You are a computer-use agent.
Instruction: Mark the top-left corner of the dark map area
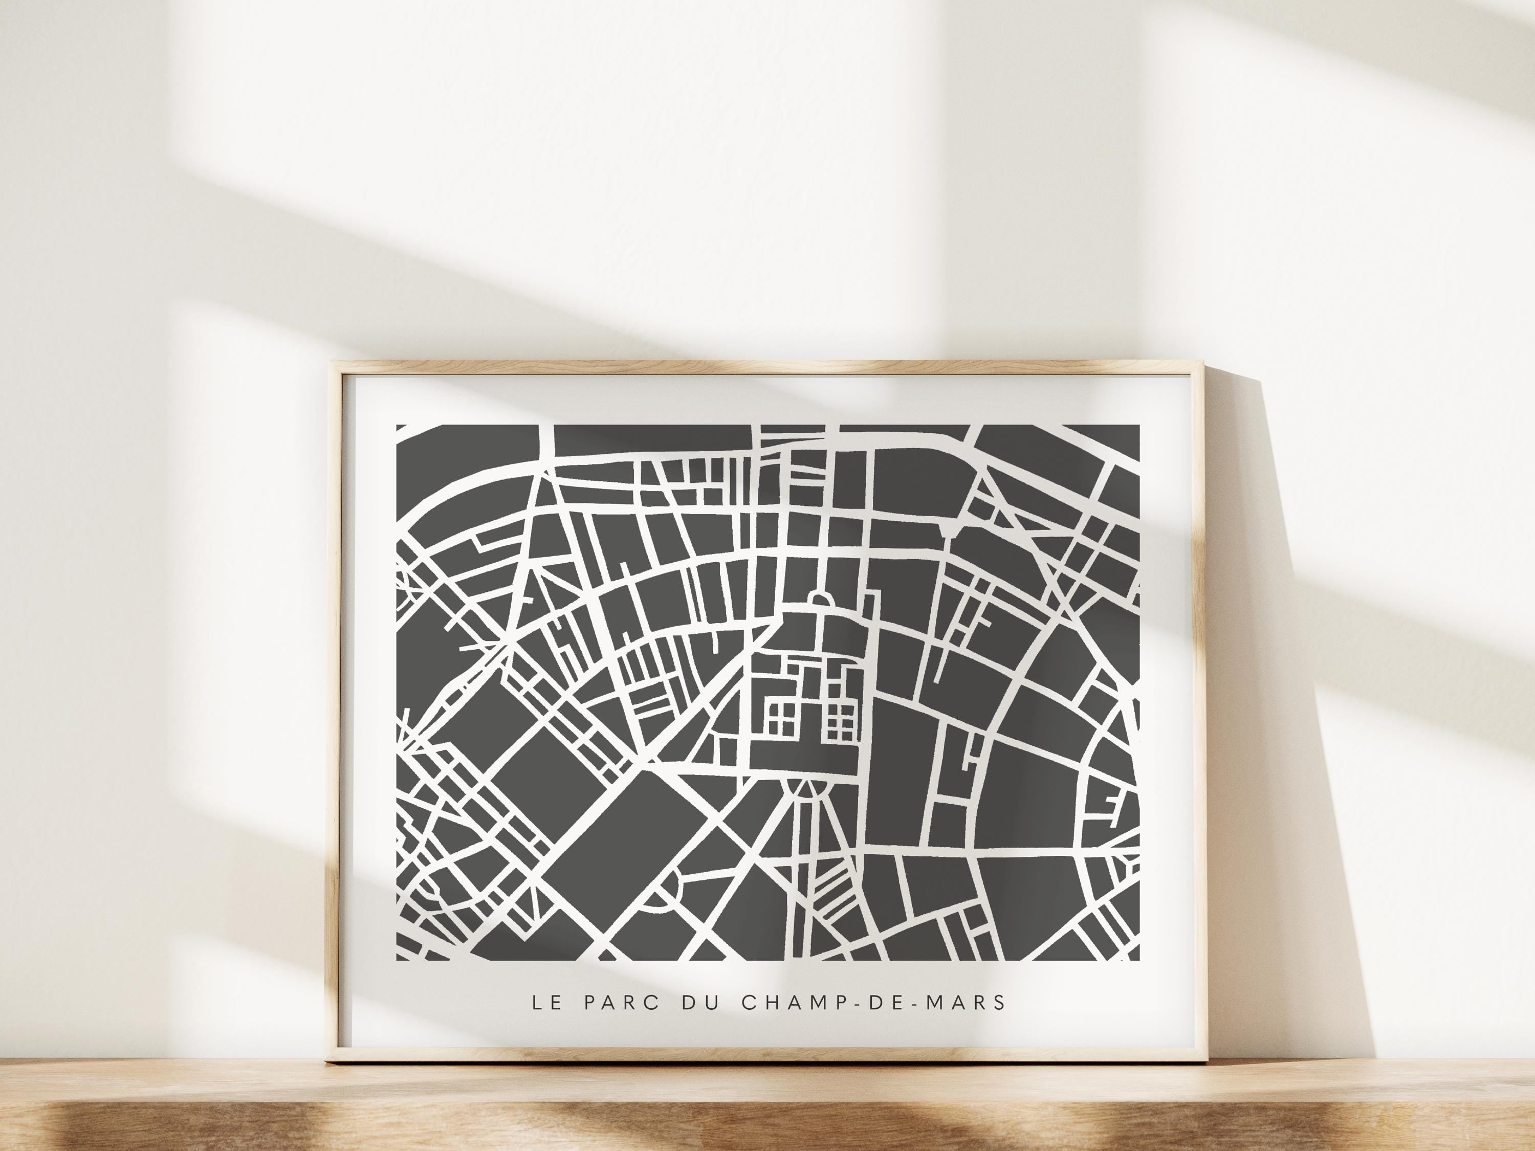[397, 425]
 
